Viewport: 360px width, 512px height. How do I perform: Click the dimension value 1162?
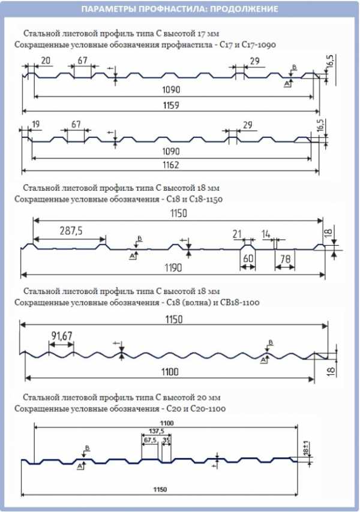click(x=170, y=164)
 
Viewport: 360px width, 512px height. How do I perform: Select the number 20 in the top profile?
click(x=47, y=61)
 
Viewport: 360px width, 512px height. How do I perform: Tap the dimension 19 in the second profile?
click(x=36, y=124)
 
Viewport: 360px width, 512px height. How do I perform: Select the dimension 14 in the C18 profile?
click(x=266, y=233)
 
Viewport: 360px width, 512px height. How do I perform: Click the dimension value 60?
click(x=248, y=258)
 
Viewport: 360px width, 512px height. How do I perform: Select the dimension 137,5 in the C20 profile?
click(x=157, y=431)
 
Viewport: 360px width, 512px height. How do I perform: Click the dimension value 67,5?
click(x=150, y=440)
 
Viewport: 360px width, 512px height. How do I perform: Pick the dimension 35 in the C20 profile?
click(x=166, y=440)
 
